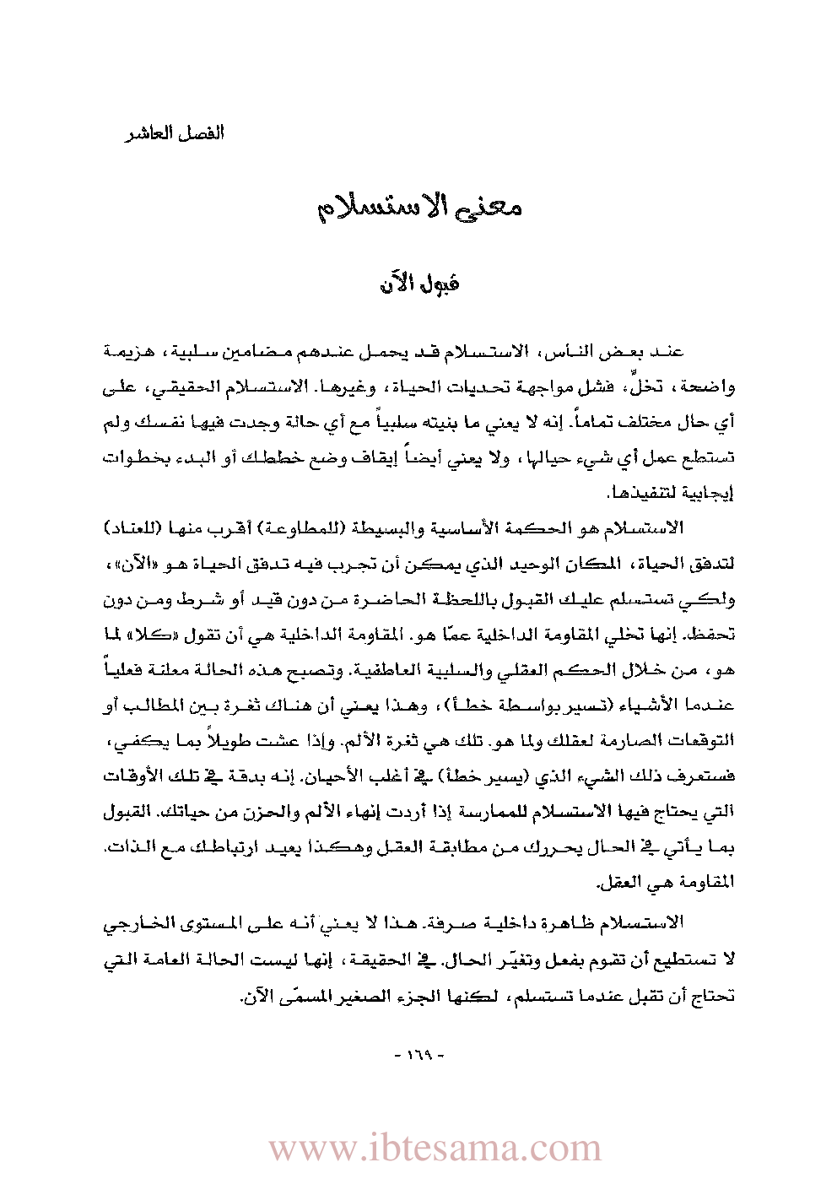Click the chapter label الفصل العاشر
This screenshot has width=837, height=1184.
[x=175, y=133]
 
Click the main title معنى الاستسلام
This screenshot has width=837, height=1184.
[x=419, y=208]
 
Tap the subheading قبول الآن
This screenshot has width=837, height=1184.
[x=419, y=283]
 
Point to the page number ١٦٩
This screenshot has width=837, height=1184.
[x=418, y=1055]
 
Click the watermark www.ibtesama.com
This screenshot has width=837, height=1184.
[x=435, y=1149]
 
